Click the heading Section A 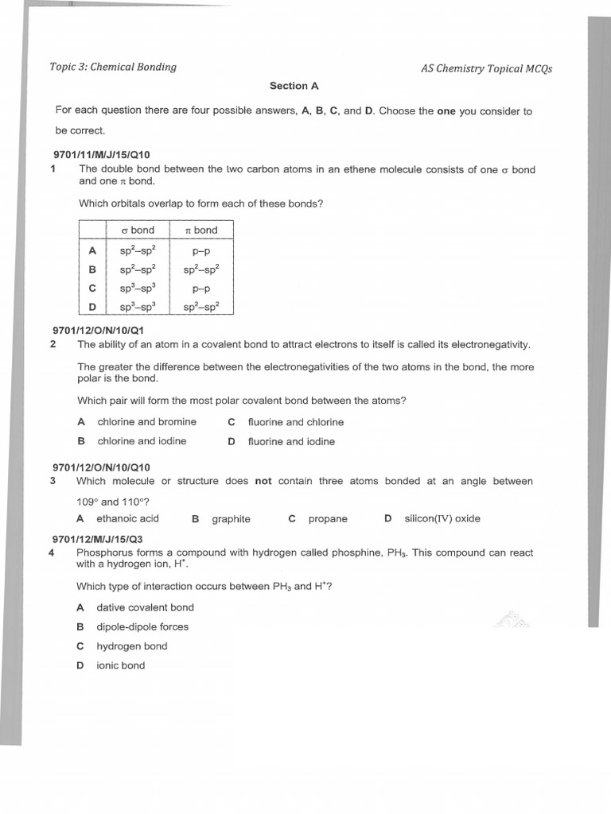294,86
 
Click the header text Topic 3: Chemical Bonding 113,67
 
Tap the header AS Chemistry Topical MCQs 486,68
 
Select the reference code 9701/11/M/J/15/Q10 101,154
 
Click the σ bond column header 142,230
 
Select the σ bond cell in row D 142,306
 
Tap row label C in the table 92,288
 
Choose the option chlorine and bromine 146,422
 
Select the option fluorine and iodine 291,441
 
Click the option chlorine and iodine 142,441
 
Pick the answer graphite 231,519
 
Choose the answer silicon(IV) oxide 442,518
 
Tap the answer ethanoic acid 127,518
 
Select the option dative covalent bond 145,607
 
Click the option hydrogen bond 132,646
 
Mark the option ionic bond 121,665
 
